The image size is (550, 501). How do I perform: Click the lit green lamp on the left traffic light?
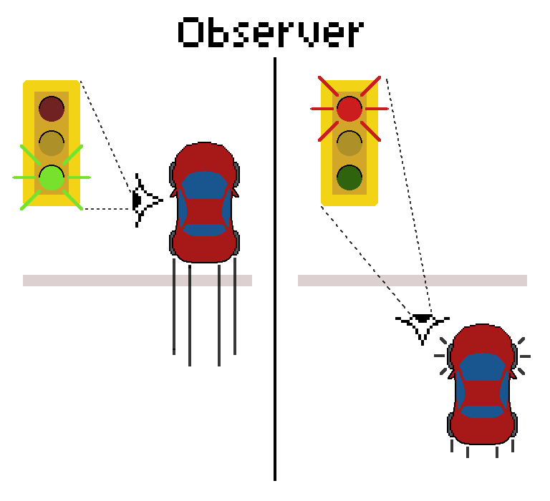click(x=52, y=177)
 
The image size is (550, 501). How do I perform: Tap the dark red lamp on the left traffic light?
click(x=52, y=109)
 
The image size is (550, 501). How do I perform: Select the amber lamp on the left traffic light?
click(x=52, y=143)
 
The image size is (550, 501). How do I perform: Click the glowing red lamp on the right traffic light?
click(x=349, y=109)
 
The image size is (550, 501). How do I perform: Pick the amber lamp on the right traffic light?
click(x=349, y=143)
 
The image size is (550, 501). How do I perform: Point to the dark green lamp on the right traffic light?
click(x=349, y=177)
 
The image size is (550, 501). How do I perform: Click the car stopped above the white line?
click(x=205, y=203)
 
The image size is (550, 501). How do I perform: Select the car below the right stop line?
click(x=483, y=384)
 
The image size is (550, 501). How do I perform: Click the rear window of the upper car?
click(x=205, y=230)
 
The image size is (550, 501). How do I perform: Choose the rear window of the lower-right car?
click(x=483, y=412)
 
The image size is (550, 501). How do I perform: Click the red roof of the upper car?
click(x=205, y=210)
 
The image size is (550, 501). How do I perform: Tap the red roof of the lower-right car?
click(x=483, y=391)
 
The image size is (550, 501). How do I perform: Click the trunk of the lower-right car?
click(x=483, y=431)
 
